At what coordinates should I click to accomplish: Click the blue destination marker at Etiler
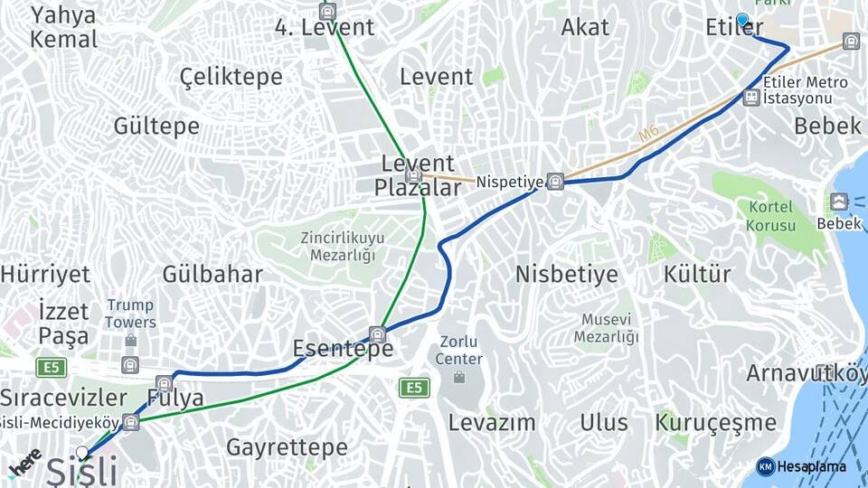click(743, 20)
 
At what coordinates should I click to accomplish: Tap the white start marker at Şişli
click(83, 452)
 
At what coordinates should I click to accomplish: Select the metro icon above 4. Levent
click(327, 11)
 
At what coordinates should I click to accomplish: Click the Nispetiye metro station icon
click(555, 182)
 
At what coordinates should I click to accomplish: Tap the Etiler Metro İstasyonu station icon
click(750, 97)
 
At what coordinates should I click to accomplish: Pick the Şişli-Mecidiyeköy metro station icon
click(132, 421)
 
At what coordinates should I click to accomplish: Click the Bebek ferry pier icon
click(839, 202)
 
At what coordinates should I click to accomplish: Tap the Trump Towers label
click(129, 314)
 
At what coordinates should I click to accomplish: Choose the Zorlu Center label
click(459, 350)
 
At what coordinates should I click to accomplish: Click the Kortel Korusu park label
click(771, 216)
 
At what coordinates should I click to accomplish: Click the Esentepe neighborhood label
click(343, 349)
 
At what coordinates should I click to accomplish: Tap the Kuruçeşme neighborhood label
click(715, 422)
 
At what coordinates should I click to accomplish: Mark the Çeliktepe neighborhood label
click(231, 77)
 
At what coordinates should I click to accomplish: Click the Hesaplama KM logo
click(801, 466)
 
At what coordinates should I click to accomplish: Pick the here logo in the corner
click(24, 462)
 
